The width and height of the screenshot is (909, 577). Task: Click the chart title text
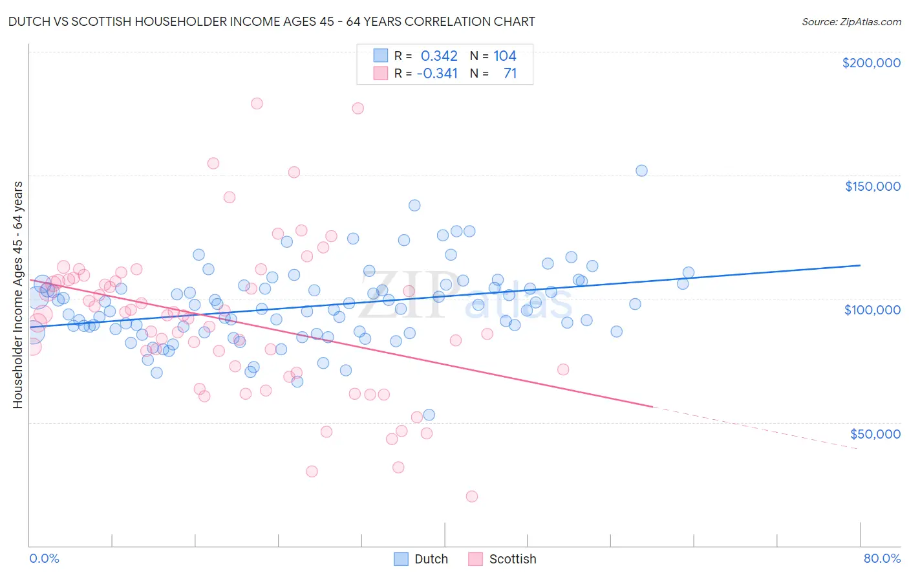tap(272, 21)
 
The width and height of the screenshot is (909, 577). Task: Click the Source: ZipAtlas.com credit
tap(851, 21)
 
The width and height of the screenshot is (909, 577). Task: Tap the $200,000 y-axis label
tap(871, 63)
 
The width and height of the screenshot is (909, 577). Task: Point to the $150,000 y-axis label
tap(872, 186)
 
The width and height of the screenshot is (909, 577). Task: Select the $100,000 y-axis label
tap(872, 310)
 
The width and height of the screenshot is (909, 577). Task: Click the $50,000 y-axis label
tap(875, 433)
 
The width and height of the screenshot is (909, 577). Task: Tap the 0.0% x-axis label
tap(44, 558)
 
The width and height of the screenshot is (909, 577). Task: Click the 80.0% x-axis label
tap(882, 558)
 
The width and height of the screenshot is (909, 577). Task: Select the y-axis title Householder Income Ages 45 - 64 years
tap(18, 295)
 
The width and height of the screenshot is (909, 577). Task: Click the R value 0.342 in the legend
tap(439, 56)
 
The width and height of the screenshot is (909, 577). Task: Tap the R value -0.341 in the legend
tap(437, 74)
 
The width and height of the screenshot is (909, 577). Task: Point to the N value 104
tap(505, 56)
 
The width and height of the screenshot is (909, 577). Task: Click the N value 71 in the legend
tap(510, 74)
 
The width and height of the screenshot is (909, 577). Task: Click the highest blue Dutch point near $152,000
tap(641, 171)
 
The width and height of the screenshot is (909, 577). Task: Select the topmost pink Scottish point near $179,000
tap(257, 103)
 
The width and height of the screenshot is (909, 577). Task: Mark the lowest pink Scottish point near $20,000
tap(472, 496)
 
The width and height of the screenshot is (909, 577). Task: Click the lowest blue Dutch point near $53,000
tap(429, 415)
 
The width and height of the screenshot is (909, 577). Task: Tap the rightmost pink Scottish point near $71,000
tap(563, 369)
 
